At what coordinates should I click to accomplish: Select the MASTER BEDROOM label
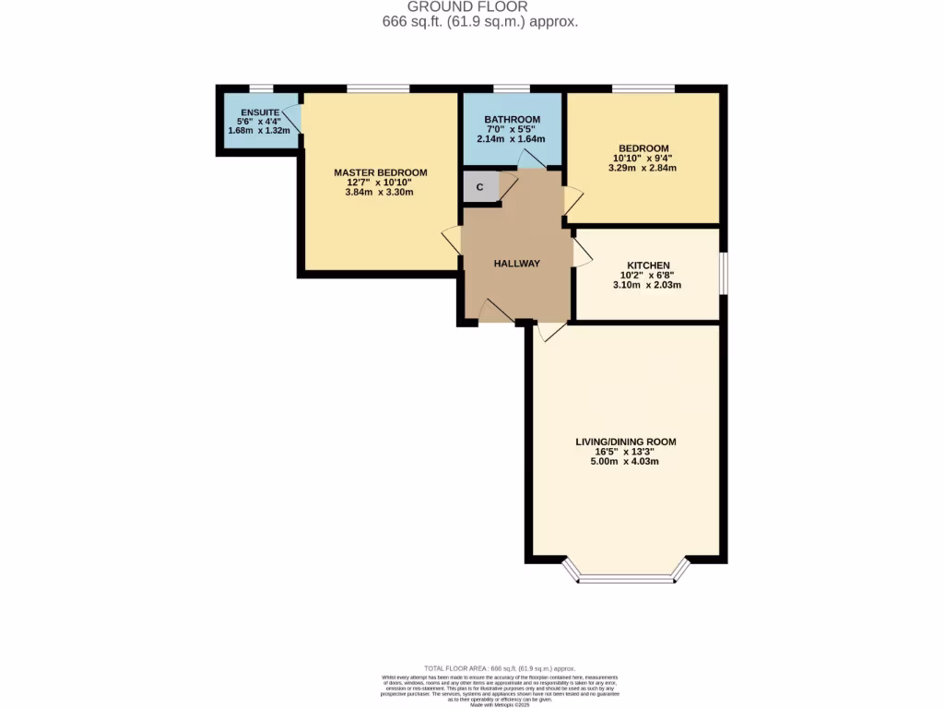pyautogui.click(x=380, y=172)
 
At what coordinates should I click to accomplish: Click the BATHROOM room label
pyautogui.click(x=513, y=120)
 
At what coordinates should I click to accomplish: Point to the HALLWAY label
pyautogui.click(x=516, y=264)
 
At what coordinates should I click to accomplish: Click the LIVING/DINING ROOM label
pyautogui.click(x=625, y=442)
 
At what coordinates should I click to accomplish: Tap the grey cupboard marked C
pyautogui.click(x=479, y=187)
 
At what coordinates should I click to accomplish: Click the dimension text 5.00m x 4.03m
pyautogui.click(x=625, y=461)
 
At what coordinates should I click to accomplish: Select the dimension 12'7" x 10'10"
pyautogui.click(x=380, y=183)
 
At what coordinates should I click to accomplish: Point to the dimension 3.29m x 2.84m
pyautogui.click(x=643, y=168)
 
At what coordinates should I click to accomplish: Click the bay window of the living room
pyautogui.click(x=626, y=577)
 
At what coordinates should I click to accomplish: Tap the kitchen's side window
pyautogui.click(x=724, y=274)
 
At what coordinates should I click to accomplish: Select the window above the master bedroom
pyautogui.click(x=378, y=88)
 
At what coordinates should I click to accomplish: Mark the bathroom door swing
pyautogui.click(x=532, y=159)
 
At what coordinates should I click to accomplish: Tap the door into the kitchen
pyautogui.click(x=582, y=251)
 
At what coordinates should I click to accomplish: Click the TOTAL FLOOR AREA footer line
pyautogui.click(x=500, y=667)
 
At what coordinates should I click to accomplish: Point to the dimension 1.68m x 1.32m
pyautogui.click(x=259, y=131)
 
